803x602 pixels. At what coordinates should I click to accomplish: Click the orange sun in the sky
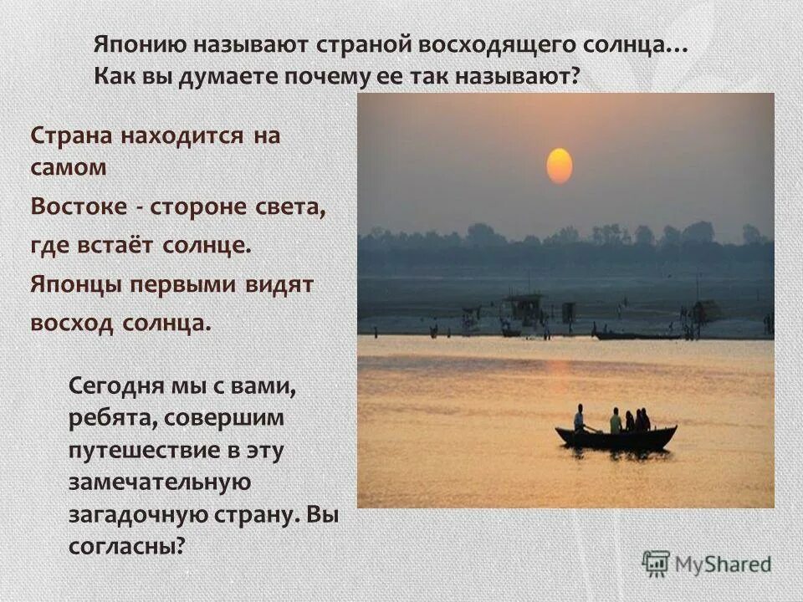point(560,166)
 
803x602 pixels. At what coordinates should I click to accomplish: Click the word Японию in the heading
point(141,45)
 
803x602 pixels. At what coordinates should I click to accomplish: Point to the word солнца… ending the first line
point(637,45)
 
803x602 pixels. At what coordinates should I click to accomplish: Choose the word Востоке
point(75,207)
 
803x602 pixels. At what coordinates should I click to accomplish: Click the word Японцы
point(75,285)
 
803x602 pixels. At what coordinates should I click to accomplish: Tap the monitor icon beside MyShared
point(656,563)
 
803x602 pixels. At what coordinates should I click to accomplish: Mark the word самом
point(69,166)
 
